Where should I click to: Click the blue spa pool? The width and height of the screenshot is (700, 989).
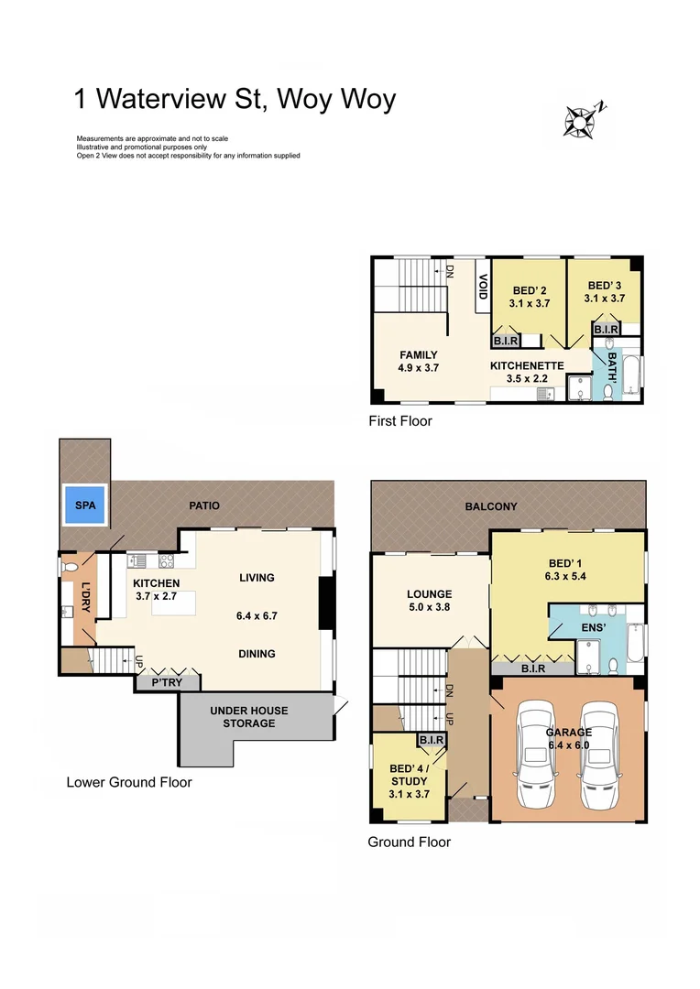(x=84, y=505)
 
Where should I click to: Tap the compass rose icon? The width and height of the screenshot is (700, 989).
(x=580, y=120)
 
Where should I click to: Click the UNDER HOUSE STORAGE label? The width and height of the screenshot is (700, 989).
(x=248, y=717)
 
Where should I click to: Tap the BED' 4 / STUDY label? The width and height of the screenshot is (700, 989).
(x=409, y=775)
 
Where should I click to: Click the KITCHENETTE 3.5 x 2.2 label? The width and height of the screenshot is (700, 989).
(x=527, y=371)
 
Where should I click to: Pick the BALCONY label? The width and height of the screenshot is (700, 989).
(x=491, y=505)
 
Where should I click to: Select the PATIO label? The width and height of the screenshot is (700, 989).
(x=204, y=505)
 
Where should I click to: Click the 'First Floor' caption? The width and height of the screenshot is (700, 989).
(x=399, y=421)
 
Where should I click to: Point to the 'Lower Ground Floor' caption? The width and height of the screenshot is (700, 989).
(x=129, y=782)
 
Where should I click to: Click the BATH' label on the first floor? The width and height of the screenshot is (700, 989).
(x=607, y=368)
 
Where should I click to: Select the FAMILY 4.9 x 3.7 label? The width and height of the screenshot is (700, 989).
(x=418, y=361)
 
